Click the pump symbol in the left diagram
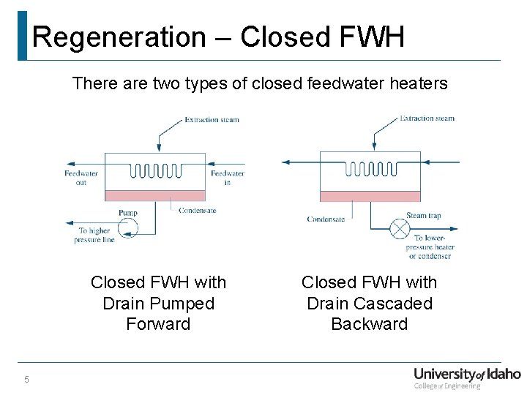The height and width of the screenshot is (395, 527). point(129,229)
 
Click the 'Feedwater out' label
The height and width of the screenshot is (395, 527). point(81,178)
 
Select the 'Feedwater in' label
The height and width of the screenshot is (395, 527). point(227,178)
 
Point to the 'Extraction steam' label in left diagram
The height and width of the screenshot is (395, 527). point(212,119)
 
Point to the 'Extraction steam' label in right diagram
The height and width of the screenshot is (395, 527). point(427,118)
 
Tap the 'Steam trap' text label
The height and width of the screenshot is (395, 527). point(424,216)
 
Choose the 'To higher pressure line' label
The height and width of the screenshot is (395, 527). point(94,235)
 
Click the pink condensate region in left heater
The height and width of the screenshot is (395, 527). point(155,195)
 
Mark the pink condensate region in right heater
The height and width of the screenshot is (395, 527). point(370,196)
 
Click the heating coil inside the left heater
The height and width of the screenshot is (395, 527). point(154,171)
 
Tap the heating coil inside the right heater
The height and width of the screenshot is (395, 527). point(370,169)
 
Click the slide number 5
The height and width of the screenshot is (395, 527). point(26,379)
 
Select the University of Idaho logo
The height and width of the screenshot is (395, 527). point(466,377)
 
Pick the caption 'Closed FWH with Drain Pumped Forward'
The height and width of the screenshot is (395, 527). point(158,303)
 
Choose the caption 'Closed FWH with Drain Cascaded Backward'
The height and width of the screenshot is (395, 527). point(370,303)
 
